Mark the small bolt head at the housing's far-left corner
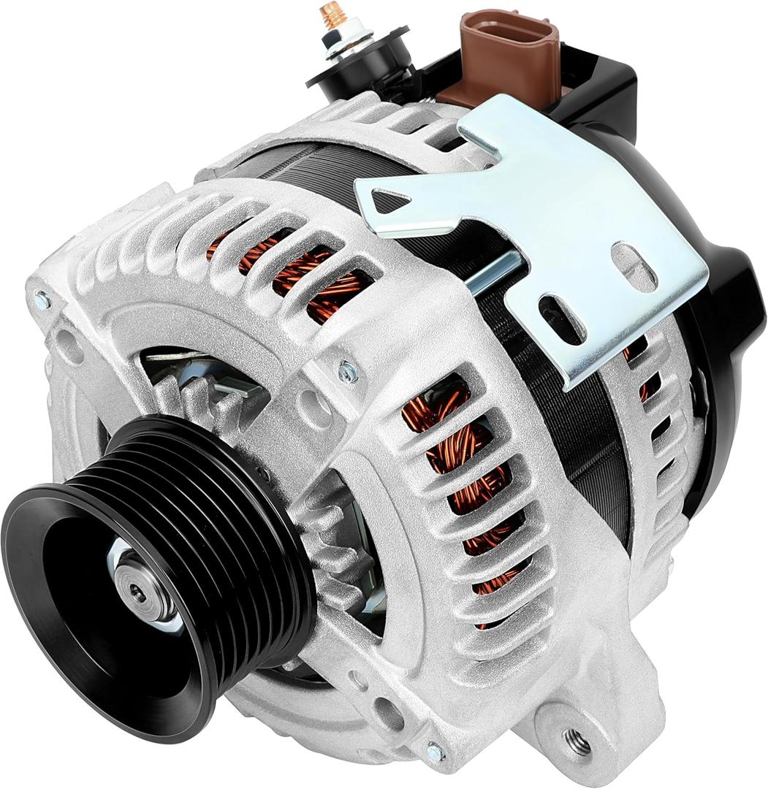[x=42, y=300]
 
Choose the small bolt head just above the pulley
[x=348, y=373]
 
